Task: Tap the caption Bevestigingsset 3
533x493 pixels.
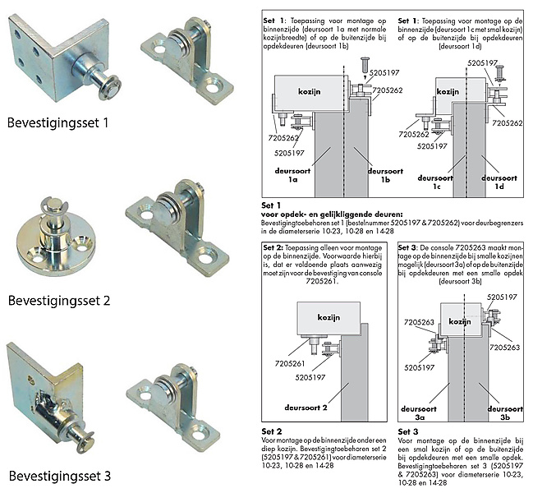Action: pyautogui.click(x=69, y=474)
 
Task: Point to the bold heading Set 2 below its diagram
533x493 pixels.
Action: pyautogui.click(x=272, y=431)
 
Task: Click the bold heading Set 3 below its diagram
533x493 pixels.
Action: pyautogui.click(x=408, y=431)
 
